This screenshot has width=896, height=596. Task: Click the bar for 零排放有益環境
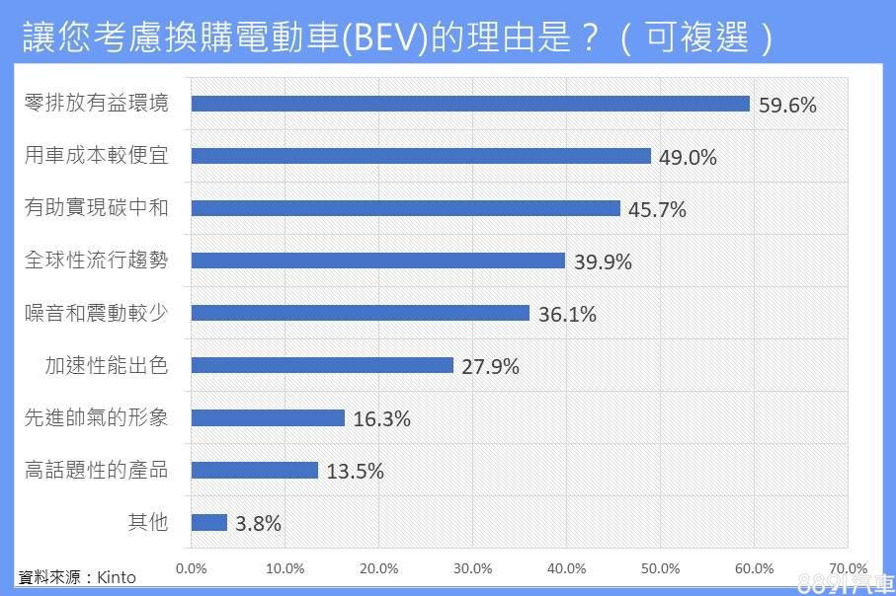470,104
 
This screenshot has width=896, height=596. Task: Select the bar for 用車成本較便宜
421,156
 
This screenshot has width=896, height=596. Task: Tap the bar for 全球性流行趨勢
377,261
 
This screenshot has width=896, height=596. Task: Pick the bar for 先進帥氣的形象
268,417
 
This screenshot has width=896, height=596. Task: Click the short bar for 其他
208,522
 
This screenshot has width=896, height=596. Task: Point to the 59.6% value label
787,105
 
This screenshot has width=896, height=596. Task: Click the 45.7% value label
657,209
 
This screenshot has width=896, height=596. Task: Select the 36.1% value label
567,314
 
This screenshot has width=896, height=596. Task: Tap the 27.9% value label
490,366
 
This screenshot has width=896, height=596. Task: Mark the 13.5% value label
355,471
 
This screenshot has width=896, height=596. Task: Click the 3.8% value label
258,523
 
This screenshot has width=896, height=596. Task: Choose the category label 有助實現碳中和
97,208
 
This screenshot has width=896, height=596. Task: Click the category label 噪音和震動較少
97,313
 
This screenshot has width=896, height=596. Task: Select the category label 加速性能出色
107,365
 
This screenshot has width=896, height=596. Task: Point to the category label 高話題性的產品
97,470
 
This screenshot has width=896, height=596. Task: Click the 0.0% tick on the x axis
191,568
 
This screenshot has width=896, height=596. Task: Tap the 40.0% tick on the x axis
566,568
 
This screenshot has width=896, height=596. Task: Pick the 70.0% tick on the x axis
847,568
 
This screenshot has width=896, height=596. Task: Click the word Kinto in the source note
116,577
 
